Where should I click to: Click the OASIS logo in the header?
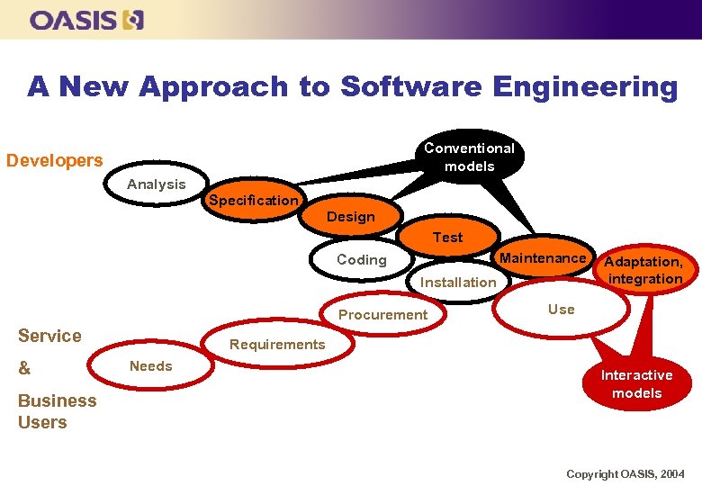coord(86,20)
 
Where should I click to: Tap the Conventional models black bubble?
coord(469,157)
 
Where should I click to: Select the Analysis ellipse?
coord(157,184)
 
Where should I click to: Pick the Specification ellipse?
coord(253,201)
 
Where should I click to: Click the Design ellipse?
coord(351,217)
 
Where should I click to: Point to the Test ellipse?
coord(447,238)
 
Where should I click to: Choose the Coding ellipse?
coord(361,260)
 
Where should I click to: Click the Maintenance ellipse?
coord(543,258)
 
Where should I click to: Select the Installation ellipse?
coord(458,283)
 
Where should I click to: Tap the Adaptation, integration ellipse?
coord(643,270)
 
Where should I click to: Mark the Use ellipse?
coord(561,310)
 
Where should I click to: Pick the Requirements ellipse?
coord(277,345)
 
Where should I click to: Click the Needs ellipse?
coord(150,366)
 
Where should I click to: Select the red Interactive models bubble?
coord(637,384)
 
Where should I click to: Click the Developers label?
coord(55,161)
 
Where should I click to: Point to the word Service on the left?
coord(49,336)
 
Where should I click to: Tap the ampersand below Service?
coord(24,369)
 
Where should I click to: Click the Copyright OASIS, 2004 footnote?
coord(625,473)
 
